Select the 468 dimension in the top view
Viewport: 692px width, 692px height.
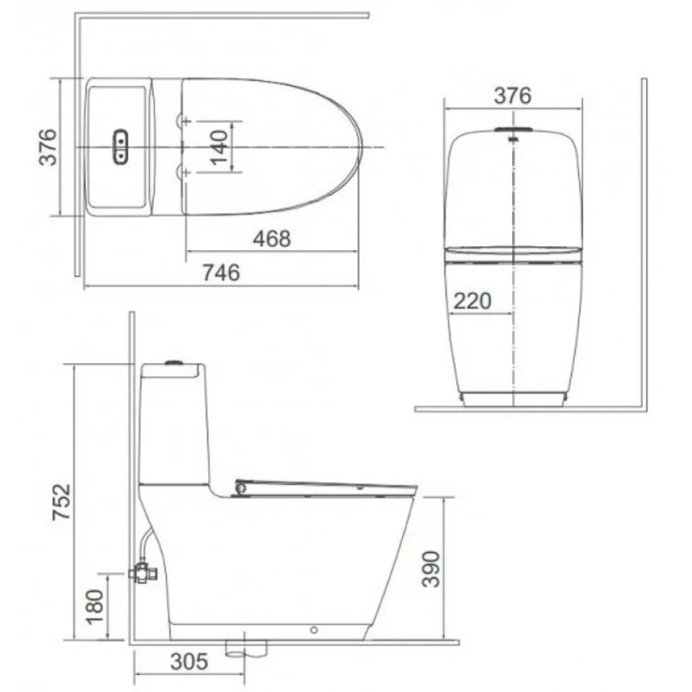click(x=271, y=238)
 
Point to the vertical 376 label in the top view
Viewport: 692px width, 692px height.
click(x=48, y=147)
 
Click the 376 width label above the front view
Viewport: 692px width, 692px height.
click(x=512, y=96)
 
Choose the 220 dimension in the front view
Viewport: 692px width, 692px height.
click(x=472, y=301)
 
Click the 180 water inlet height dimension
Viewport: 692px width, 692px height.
click(x=96, y=605)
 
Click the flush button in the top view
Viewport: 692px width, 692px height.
click(x=121, y=146)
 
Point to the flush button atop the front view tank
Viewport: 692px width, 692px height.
click(x=513, y=129)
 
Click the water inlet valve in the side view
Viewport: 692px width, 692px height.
click(x=141, y=572)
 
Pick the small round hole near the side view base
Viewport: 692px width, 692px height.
click(x=315, y=629)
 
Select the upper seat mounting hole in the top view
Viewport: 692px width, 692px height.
click(x=183, y=120)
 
